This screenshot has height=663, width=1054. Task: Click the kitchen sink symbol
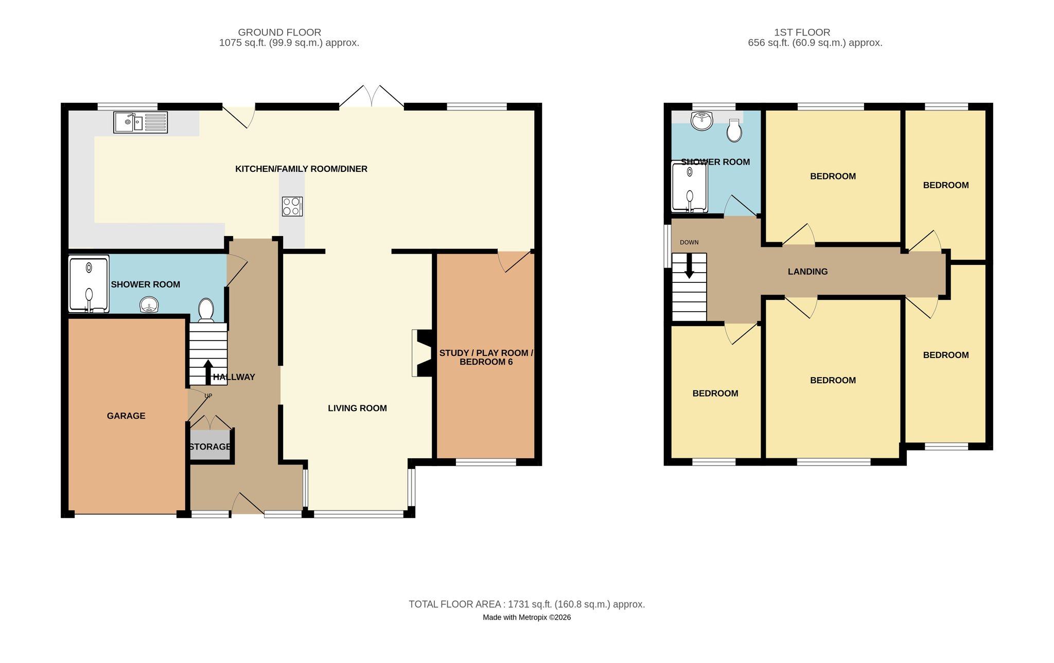(x=140, y=122)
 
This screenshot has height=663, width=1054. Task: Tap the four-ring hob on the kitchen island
(x=292, y=206)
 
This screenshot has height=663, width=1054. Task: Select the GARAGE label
(x=126, y=416)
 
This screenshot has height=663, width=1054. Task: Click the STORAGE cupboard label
(x=210, y=446)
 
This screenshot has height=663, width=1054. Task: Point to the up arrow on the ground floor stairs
(x=208, y=372)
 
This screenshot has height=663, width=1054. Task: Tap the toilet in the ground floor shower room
(x=206, y=310)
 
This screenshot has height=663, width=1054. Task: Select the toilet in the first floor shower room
(x=734, y=131)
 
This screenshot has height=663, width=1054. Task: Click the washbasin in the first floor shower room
(x=702, y=121)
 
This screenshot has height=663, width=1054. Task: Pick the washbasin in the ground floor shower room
(x=149, y=306)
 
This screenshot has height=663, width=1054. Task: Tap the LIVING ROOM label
(x=357, y=408)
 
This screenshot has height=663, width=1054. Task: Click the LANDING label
(x=807, y=272)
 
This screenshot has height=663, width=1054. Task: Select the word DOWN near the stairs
(x=689, y=242)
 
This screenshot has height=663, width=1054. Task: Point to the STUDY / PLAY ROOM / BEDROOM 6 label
(x=486, y=357)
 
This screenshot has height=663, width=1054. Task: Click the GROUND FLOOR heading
(x=279, y=32)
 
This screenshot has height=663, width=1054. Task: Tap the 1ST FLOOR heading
(x=802, y=32)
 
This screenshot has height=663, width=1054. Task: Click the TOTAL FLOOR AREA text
(x=527, y=604)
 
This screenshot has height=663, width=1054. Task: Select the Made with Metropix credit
(x=527, y=617)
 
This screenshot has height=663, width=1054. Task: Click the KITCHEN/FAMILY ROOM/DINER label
(x=301, y=169)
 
